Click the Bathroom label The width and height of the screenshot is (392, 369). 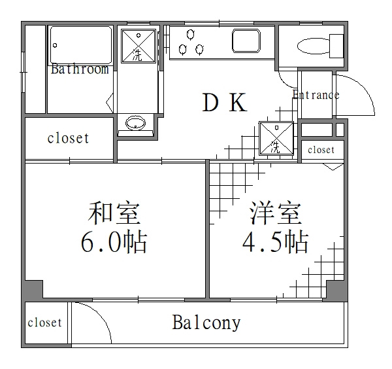tap(80, 69)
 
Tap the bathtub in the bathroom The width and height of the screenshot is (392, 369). tap(81, 45)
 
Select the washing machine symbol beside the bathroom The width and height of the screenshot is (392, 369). tap(139, 46)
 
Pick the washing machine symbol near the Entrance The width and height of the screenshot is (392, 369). tap(276, 138)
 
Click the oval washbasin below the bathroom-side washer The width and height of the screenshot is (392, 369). tap(135, 123)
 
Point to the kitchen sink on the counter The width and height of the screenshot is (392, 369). tap(246, 41)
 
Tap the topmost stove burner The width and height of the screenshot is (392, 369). tap(191, 34)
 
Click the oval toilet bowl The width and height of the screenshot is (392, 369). tap(314, 46)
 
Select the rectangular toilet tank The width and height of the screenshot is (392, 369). tap(336, 46)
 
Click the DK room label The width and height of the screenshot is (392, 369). tap(225, 102)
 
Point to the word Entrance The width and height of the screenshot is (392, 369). tap(316, 95)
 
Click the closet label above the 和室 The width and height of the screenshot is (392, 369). tap(68, 138)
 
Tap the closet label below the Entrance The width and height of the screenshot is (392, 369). tap(321, 150)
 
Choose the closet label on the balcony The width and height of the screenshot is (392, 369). tap(44, 323)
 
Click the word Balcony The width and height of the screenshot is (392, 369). tap(206, 323)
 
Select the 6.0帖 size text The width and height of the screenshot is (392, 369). tap(114, 241)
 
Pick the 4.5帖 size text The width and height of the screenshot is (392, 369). tap(275, 241)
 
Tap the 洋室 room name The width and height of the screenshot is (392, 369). tap(276, 213)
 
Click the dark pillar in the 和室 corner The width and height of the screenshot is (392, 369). tap(33, 289)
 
